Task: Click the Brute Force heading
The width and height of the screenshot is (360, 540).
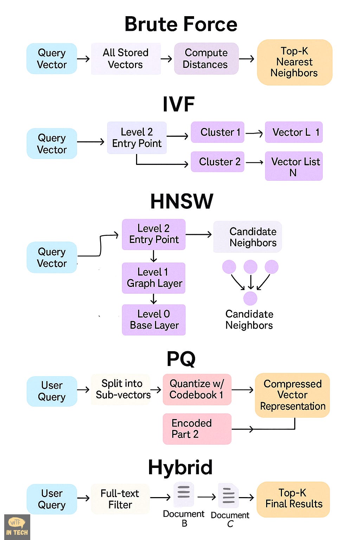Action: tap(181, 24)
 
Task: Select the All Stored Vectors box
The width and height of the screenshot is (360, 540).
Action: tap(126, 59)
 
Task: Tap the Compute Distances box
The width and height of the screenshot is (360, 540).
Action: tap(206, 59)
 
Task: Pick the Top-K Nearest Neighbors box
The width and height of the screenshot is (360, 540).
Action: tap(295, 62)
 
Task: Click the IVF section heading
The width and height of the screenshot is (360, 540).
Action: tap(179, 104)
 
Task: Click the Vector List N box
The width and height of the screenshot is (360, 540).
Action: tap(294, 166)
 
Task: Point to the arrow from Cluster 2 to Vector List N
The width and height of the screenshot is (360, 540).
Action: tap(255, 162)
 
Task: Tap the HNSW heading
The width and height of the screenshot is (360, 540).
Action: tap(181, 201)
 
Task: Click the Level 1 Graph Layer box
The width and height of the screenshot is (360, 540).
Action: tap(154, 278)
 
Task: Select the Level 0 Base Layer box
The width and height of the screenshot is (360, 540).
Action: tap(154, 320)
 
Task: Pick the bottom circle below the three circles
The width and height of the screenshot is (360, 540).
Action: tap(250, 298)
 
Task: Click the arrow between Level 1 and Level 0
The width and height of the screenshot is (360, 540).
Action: tap(154, 299)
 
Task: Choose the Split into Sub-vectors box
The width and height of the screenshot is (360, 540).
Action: tap(122, 389)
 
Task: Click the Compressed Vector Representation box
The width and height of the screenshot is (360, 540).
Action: tap(292, 395)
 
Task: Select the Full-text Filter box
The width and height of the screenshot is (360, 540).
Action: tap(120, 499)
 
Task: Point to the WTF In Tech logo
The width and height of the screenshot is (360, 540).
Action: tap(17, 527)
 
